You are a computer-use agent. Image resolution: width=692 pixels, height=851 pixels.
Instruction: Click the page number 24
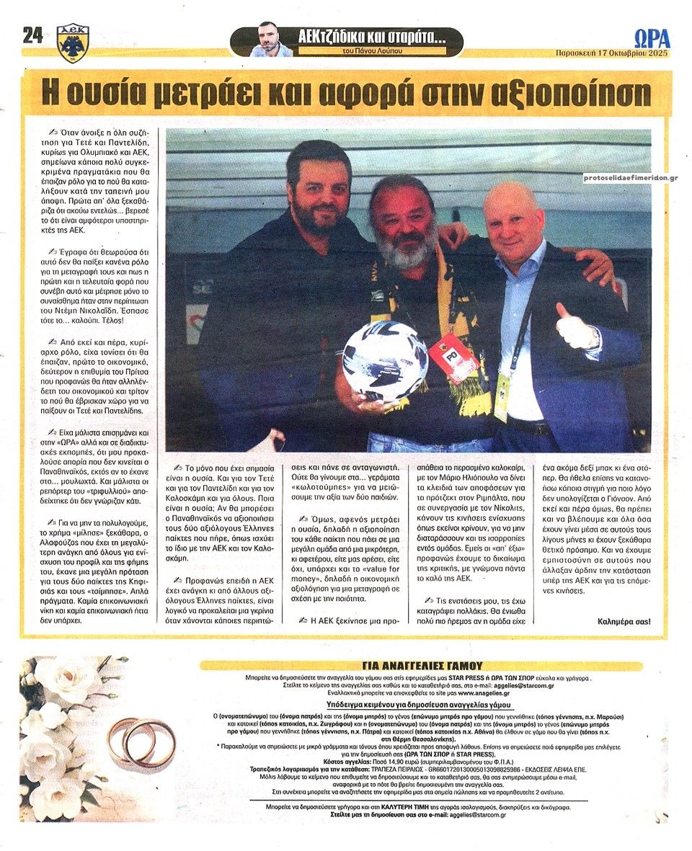pos(32,35)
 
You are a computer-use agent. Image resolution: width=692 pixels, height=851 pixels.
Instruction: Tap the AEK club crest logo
pos(73,43)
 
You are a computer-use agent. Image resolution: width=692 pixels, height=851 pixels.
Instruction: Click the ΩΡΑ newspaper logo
pos(652,38)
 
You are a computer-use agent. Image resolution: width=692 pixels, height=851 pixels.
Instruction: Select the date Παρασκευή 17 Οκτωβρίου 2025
pos(612,53)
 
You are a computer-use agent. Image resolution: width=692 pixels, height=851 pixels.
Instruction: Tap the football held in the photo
pos(384,360)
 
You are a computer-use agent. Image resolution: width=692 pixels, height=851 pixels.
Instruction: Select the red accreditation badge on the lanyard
pos(453,357)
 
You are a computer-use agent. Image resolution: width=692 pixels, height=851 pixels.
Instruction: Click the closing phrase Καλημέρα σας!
pos(624,621)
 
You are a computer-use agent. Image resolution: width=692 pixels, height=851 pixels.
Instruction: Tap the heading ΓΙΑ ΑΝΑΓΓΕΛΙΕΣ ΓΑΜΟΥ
pos(422,666)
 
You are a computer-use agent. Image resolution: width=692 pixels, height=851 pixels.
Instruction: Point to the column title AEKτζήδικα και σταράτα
pos(371,35)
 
